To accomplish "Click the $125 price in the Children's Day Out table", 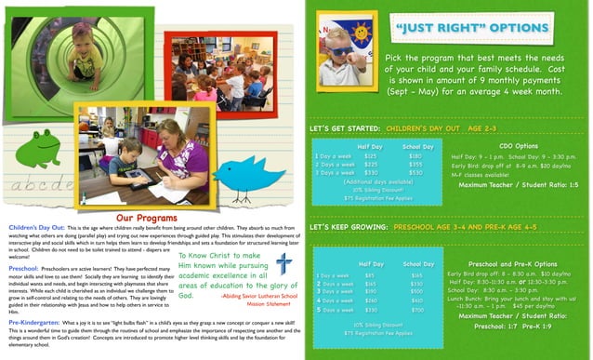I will (369, 156).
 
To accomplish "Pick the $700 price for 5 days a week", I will (417, 309).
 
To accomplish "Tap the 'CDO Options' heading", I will (518, 146).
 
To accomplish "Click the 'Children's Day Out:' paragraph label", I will (36, 226).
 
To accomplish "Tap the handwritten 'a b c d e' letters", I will (37, 185).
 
